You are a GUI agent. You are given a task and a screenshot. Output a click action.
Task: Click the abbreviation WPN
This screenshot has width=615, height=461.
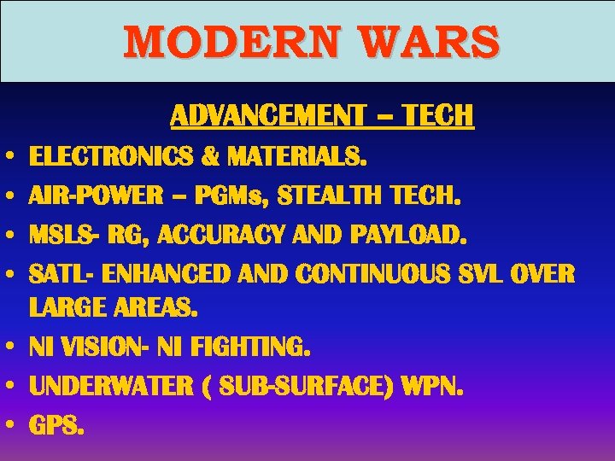(x=436, y=386)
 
